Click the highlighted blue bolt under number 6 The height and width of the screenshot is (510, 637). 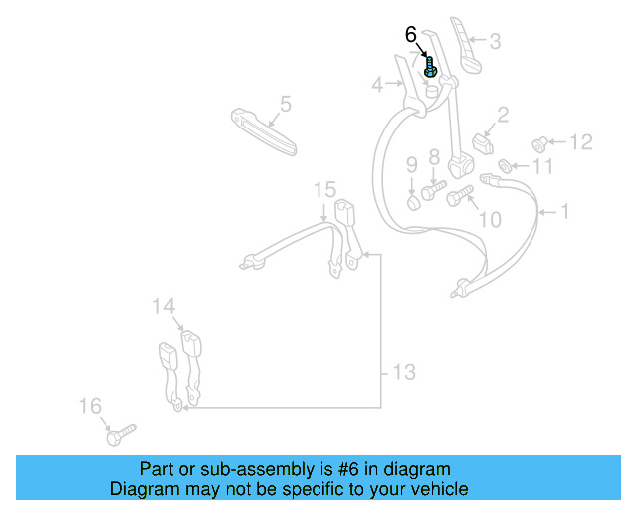[430, 69]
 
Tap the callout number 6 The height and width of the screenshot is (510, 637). [411, 34]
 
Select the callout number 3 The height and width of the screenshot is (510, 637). [495, 42]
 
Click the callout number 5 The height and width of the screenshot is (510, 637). [285, 103]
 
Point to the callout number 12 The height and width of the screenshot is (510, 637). [580, 142]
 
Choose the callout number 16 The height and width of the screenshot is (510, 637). [90, 406]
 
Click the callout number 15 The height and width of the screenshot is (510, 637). [325, 189]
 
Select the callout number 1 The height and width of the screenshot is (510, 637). [565, 211]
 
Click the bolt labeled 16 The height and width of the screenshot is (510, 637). [118, 434]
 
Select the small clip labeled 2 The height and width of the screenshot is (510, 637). [484, 143]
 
